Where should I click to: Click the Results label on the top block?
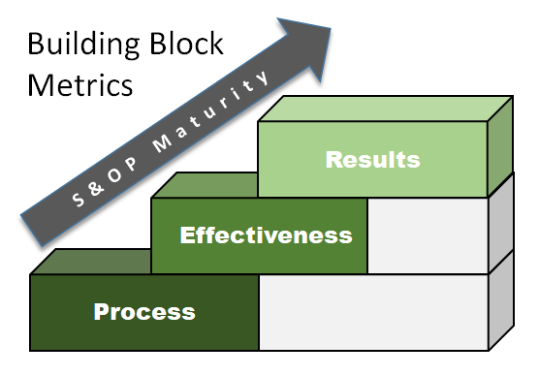(x=372, y=160)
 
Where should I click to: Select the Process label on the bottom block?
(x=143, y=312)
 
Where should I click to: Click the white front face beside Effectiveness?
(x=427, y=235)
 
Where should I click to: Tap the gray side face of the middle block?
(x=500, y=226)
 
